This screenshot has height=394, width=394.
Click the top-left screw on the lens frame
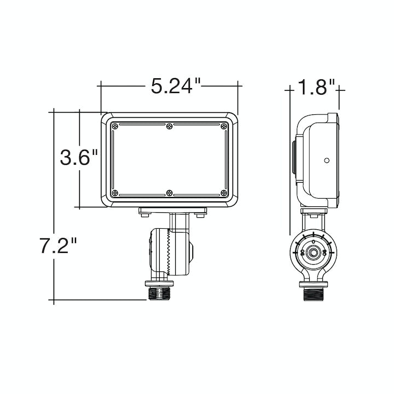[x=114, y=126]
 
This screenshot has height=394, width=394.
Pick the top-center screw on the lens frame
[x=170, y=126]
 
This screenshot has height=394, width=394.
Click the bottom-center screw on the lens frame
[x=170, y=193]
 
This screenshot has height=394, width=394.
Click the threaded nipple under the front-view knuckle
[x=160, y=294]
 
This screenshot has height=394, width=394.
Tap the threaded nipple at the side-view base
[x=313, y=294]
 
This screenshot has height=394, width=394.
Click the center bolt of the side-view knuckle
[x=313, y=252]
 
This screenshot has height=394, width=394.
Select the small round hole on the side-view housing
[x=327, y=160]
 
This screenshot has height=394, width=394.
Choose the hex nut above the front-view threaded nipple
[x=160, y=283]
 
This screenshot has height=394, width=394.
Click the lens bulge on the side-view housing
[x=294, y=160]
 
